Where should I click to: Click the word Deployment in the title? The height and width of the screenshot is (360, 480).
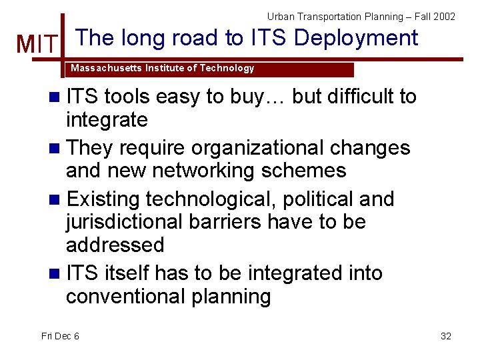click(356, 38)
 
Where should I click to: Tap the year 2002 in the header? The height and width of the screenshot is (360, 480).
click(443, 16)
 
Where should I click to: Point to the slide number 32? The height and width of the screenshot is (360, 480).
click(446, 336)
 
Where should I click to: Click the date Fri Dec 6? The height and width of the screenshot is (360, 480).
click(60, 336)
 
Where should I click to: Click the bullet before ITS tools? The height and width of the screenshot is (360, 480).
click(55, 97)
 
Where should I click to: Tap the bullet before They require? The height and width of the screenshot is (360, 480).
click(55, 148)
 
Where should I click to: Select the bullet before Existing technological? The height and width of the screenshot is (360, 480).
click(55, 199)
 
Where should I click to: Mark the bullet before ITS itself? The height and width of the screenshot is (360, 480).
click(55, 273)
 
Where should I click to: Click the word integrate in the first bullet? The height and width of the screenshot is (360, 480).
click(107, 121)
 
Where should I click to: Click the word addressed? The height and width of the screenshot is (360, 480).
click(115, 245)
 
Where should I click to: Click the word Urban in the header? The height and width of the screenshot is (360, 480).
click(281, 16)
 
